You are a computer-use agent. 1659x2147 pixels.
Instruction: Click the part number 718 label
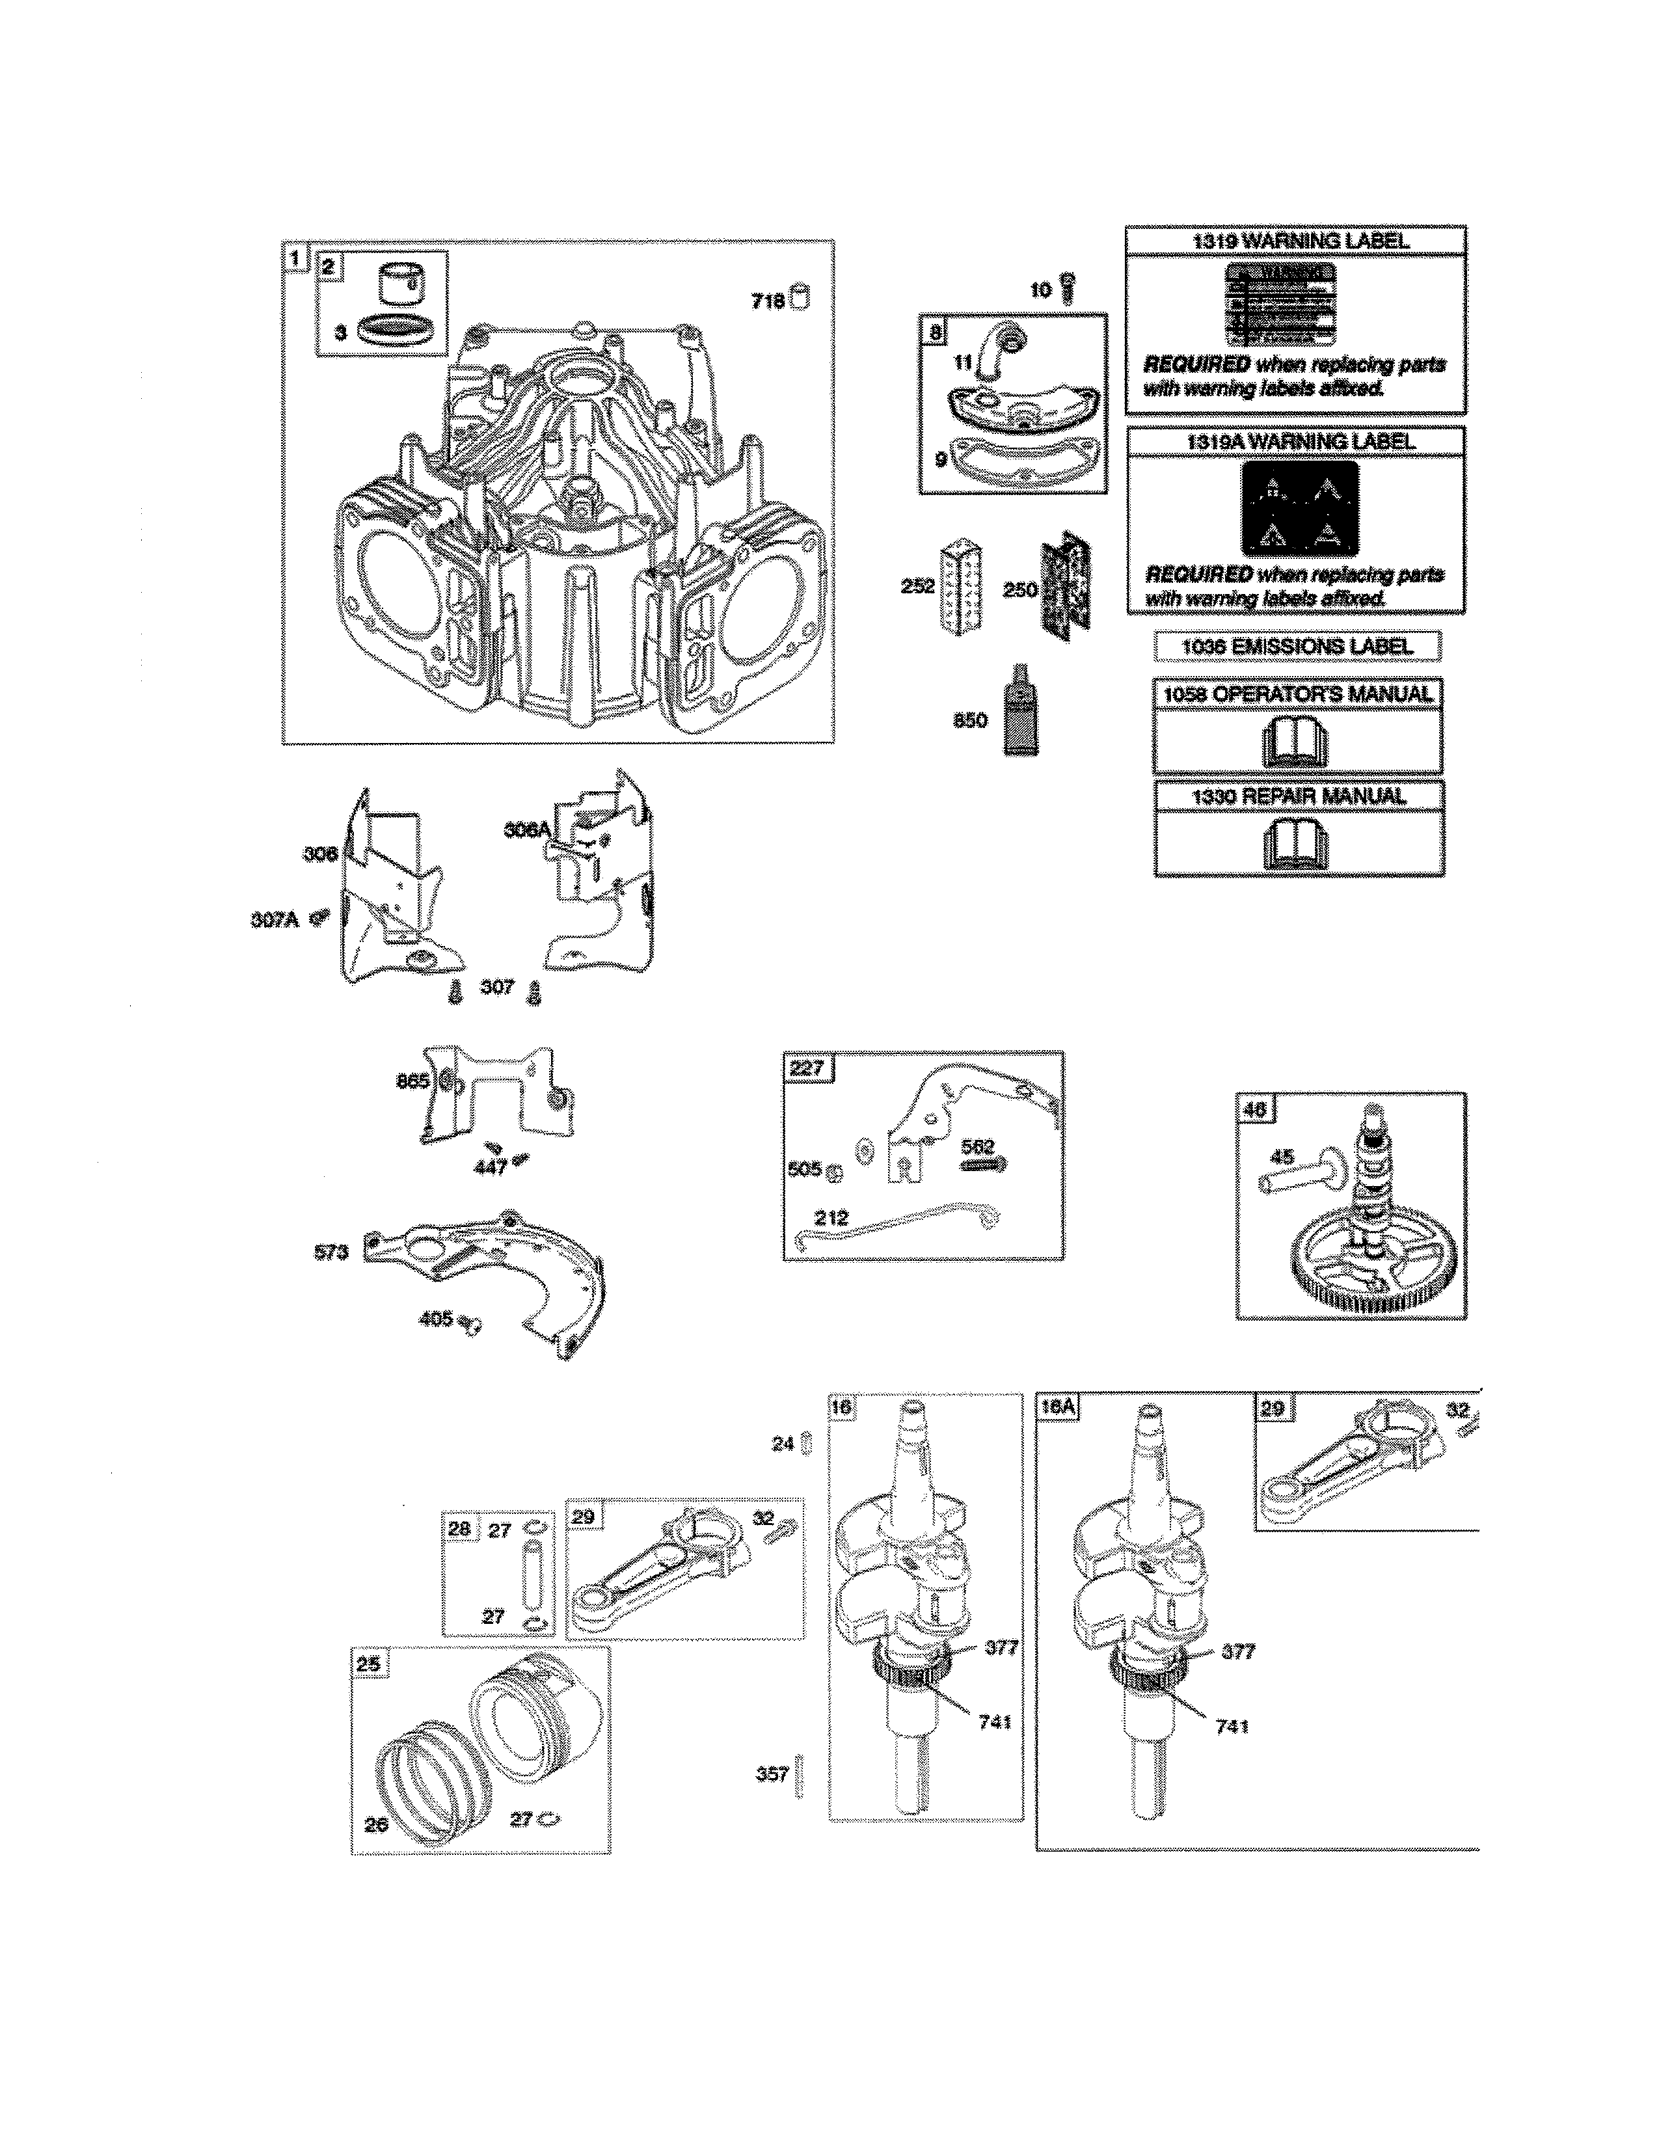pos(768,301)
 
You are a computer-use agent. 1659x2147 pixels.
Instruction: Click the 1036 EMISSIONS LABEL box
pos(1297,646)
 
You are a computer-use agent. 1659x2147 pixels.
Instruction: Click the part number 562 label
pos(978,1146)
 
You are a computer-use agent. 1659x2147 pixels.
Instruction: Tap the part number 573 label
pos(331,1251)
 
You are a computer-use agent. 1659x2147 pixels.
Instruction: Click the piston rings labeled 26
pos(433,1779)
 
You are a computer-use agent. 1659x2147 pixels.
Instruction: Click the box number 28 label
pos(459,1529)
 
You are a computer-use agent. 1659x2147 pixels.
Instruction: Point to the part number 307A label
pos(274,919)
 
